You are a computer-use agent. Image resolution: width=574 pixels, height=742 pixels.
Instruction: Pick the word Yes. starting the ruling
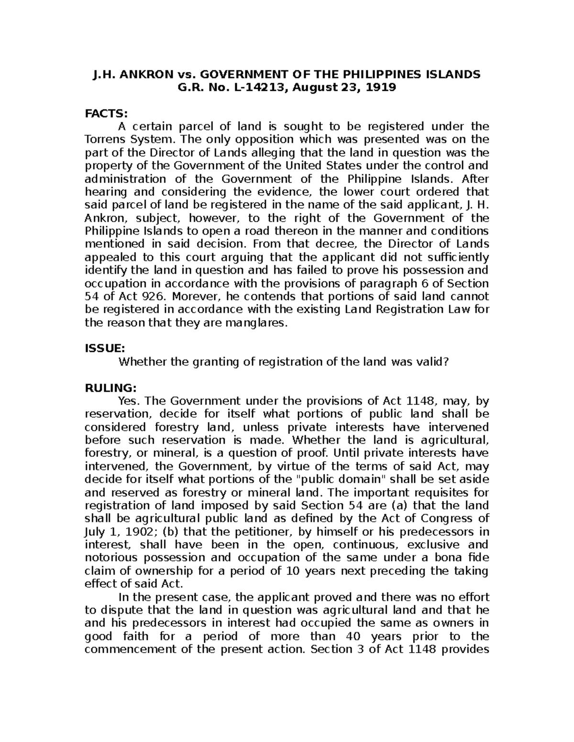tap(128, 401)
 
